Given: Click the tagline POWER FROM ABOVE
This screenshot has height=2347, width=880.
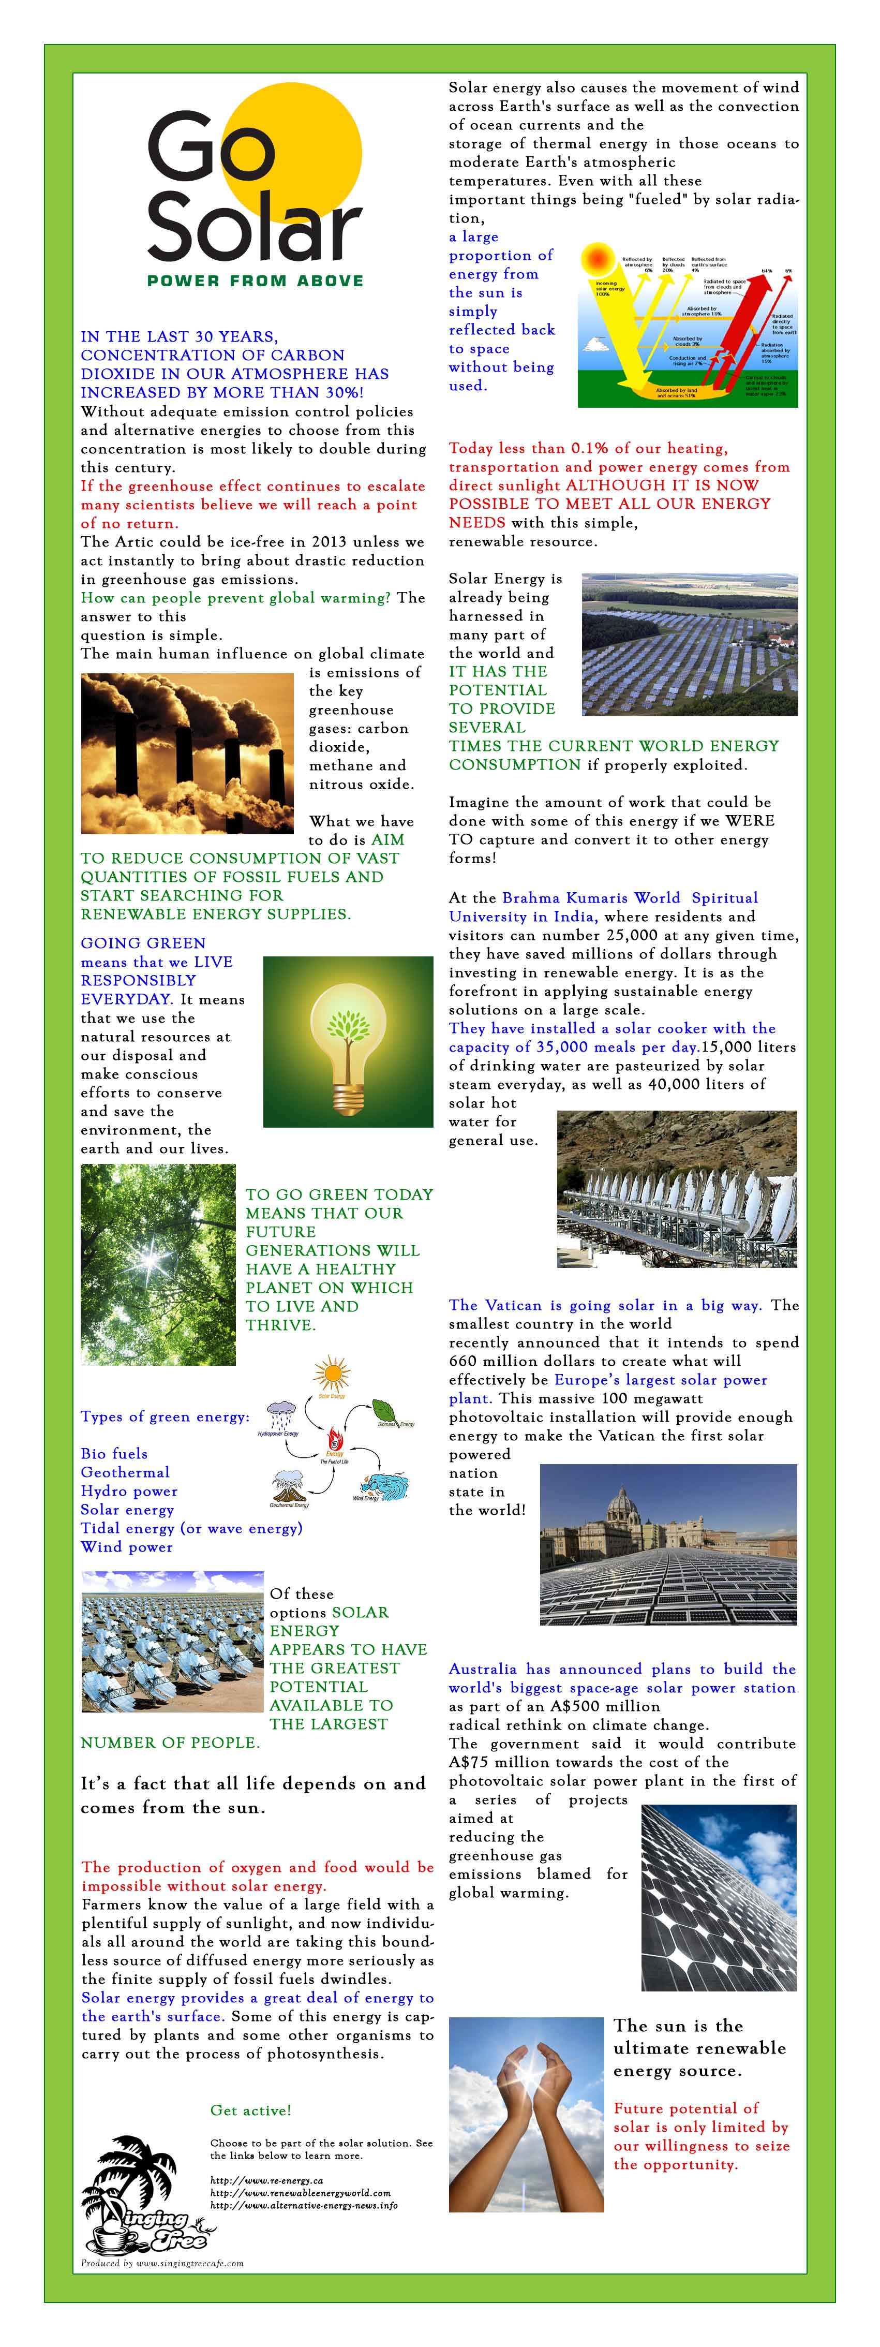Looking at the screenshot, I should click(255, 281).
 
